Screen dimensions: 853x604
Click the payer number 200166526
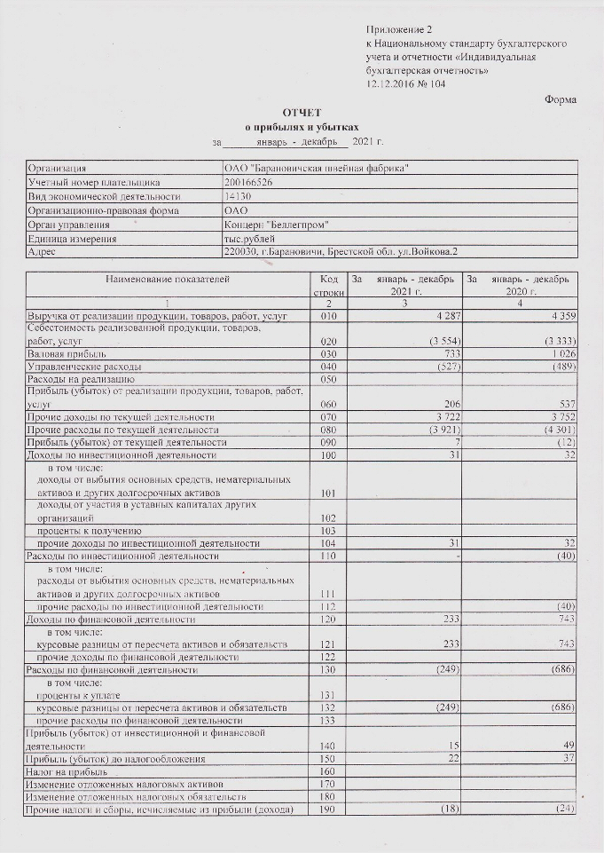249,182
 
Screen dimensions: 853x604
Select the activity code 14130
238,196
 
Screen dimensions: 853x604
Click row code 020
330,341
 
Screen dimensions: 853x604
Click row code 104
330,542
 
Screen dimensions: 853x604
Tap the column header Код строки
329,285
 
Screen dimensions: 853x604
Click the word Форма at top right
561,99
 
